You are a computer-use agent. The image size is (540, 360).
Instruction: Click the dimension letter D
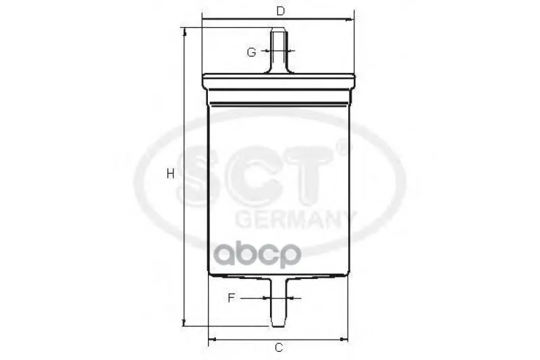point(281,11)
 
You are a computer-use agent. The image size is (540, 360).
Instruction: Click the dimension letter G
point(252,53)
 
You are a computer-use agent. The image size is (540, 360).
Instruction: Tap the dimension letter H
point(171,174)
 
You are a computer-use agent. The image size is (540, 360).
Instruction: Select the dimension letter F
point(232,298)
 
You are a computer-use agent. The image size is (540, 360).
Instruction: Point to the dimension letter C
point(279,348)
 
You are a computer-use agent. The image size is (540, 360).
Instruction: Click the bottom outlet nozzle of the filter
point(278,302)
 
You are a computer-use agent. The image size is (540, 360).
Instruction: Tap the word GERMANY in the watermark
point(296,220)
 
